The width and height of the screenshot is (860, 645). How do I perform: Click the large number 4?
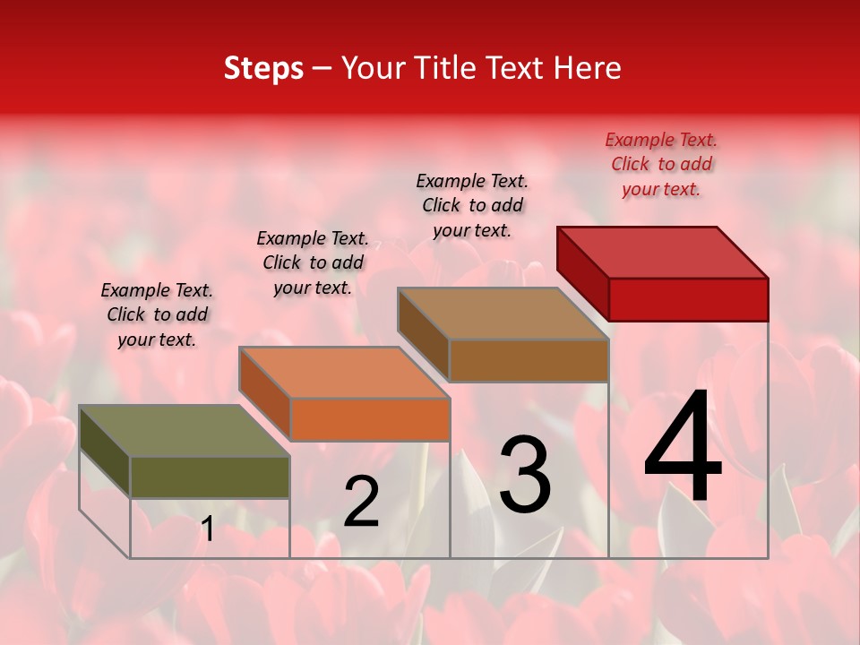[683, 447]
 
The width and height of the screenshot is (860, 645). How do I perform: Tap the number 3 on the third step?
[525, 474]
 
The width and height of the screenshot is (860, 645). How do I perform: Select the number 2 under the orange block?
[361, 501]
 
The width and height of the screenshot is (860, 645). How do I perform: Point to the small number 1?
[208, 529]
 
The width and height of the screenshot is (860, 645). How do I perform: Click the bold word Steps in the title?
[263, 68]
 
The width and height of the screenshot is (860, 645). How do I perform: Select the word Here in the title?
[587, 68]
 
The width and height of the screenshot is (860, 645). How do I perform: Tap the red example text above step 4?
[661, 164]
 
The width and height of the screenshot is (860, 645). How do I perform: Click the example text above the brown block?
[472, 205]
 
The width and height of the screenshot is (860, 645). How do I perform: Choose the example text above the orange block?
[312, 262]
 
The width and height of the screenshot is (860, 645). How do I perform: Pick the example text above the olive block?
[157, 314]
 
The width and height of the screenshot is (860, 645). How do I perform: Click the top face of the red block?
[663, 252]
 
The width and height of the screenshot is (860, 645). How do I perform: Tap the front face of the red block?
[688, 299]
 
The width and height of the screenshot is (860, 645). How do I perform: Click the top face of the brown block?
[503, 314]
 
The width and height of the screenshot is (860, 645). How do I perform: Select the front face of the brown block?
[529, 361]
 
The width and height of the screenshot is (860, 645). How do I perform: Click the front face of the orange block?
[369, 419]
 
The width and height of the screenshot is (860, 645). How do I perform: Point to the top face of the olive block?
[185, 431]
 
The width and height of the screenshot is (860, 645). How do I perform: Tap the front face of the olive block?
[210, 477]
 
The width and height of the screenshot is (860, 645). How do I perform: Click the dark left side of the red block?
[582, 273]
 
